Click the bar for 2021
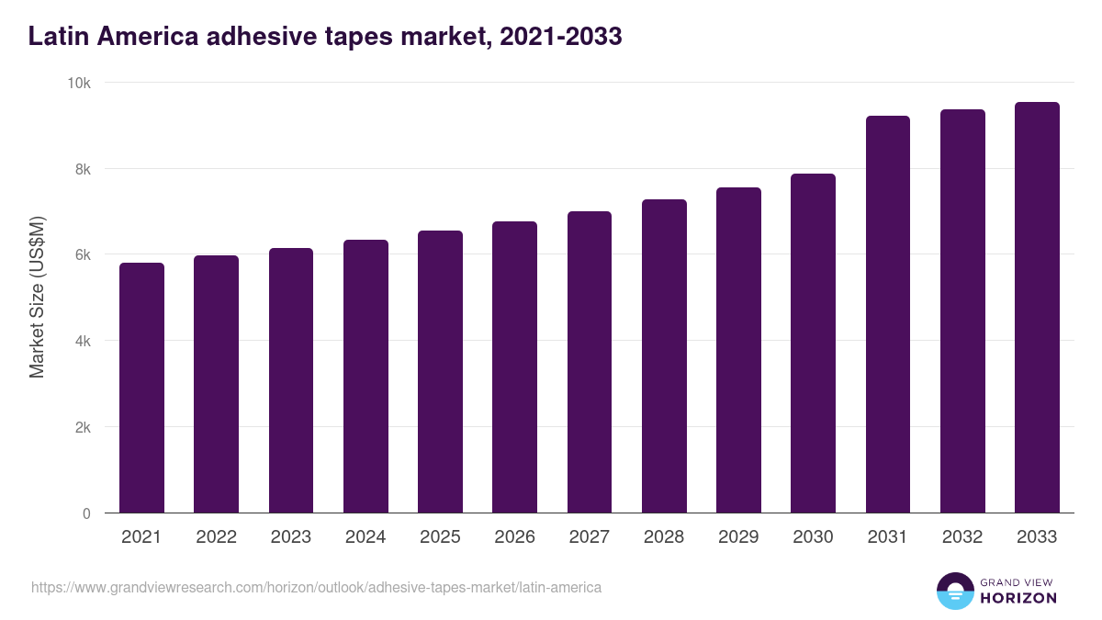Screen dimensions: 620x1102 141,388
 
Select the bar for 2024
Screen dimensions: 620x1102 365,377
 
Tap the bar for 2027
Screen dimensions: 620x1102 590,362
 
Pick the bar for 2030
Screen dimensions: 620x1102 813,344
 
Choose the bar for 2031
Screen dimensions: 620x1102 887,314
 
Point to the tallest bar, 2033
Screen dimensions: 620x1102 1037,308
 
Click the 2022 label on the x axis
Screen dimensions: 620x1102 216,537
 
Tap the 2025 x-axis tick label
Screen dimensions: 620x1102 440,537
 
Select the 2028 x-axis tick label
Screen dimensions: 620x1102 664,537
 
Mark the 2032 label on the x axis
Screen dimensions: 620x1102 962,537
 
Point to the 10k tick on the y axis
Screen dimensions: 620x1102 79,83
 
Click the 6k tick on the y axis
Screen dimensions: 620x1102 83,255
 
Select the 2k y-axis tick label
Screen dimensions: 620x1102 83,427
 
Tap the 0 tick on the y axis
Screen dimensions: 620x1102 86,513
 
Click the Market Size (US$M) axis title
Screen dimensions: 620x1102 37,297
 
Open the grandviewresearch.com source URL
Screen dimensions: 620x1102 316,587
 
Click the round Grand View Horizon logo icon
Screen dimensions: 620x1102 954,592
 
